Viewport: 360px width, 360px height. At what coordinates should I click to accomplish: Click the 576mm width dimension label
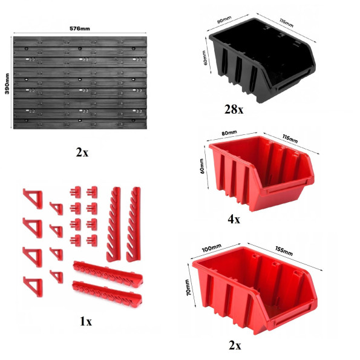tap(80, 28)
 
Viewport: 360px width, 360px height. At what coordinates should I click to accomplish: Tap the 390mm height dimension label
tap(7, 83)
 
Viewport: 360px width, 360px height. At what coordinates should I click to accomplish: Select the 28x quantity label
tap(234, 110)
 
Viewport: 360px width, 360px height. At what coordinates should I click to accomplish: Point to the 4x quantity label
tap(234, 219)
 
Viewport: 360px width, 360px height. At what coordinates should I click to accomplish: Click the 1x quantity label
tap(86, 321)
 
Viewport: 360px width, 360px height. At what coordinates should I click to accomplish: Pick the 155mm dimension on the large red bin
tap(284, 251)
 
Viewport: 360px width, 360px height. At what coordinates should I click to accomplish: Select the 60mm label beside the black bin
tap(205, 58)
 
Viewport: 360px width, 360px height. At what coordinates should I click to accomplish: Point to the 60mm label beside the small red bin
tap(202, 166)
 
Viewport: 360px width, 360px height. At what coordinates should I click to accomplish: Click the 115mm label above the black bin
tap(286, 23)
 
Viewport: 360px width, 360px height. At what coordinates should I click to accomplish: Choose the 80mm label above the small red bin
tap(229, 133)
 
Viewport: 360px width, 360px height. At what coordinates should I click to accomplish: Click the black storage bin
tap(262, 60)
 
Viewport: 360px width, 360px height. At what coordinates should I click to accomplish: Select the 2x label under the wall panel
tap(82, 152)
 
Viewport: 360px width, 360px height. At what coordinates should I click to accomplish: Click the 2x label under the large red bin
tap(235, 345)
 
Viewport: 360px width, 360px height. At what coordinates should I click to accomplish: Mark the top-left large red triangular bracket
tap(33, 199)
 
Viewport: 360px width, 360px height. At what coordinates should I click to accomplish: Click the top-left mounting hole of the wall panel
tap(27, 48)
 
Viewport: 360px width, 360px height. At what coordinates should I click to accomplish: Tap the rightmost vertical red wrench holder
tap(133, 224)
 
